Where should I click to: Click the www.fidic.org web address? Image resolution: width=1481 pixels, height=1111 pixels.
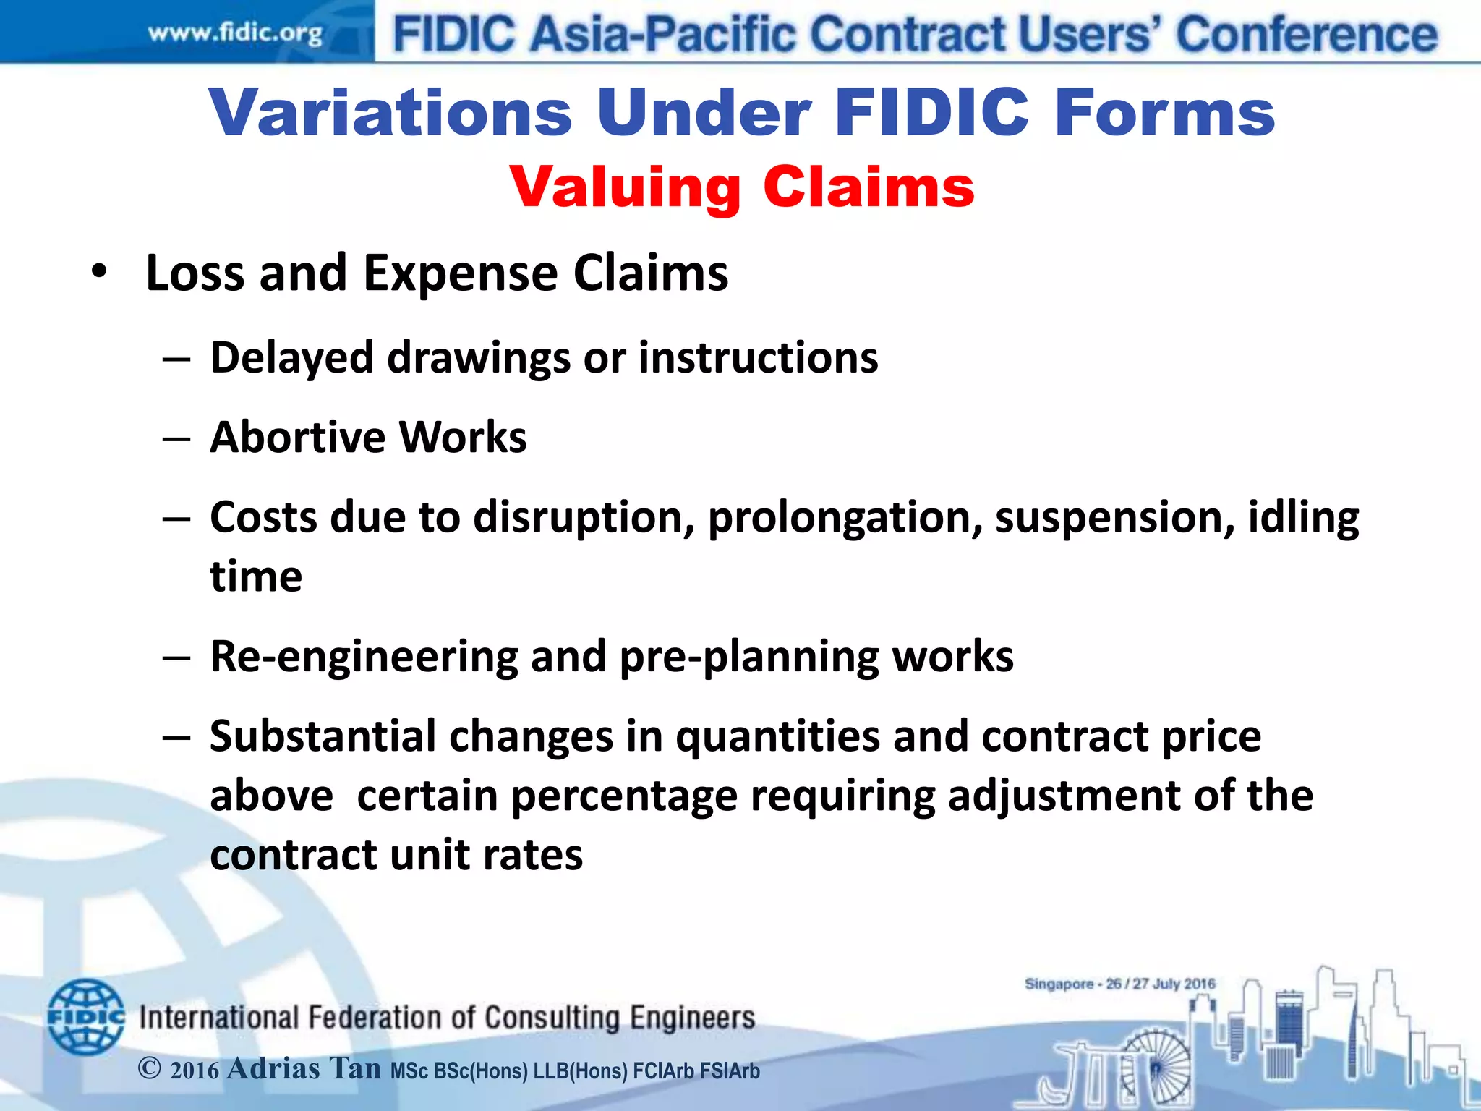tap(235, 34)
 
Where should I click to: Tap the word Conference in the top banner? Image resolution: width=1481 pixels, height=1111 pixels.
tap(1307, 35)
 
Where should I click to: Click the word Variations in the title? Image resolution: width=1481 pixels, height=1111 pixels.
tap(391, 113)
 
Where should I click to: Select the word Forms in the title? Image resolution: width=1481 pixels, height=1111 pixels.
tap(1164, 113)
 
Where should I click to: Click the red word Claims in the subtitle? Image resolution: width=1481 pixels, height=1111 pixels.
tap(868, 187)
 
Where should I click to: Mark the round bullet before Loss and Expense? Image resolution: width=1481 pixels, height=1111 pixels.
tap(99, 272)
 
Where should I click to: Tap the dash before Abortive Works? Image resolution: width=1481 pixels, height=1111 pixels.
tap(176, 438)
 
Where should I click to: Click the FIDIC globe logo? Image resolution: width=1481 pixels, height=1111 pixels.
tap(85, 1016)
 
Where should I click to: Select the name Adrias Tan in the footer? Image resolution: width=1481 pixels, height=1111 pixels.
tap(304, 1069)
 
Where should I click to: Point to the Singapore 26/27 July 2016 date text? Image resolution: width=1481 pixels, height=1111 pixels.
tap(1119, 984)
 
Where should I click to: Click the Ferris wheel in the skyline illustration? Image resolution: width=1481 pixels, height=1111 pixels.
tap(1155, 1066)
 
